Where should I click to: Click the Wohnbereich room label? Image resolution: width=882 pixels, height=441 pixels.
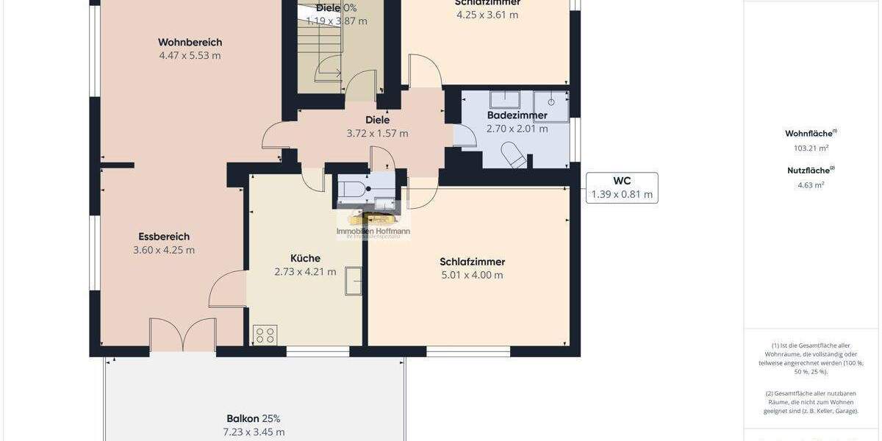click(x=190, y=43)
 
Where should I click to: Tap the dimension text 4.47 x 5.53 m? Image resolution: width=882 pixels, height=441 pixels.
click(x=190, y=55)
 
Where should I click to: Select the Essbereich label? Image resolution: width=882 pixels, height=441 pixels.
click(x=164, y=237)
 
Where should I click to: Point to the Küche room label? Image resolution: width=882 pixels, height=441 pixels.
click(x=305, y=258)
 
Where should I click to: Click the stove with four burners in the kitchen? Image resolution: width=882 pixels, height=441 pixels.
click(x=265, y=334)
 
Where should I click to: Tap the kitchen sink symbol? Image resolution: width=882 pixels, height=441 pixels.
click(x=354, y=281)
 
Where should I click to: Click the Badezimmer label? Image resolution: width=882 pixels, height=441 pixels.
click(x=517, y=115)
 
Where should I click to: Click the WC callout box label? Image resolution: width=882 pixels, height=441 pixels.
click(x=622, y=181)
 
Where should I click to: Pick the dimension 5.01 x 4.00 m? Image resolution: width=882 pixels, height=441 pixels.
click(x=472, y=275)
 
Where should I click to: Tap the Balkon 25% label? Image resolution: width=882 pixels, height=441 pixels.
click(x=254, y=418)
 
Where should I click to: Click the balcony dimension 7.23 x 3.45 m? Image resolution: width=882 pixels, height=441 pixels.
click(x=254, y=431)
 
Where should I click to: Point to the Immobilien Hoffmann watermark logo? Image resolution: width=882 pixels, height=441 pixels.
click(x=373, y=225)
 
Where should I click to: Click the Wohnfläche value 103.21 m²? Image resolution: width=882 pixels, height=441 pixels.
click(x=811, y=148)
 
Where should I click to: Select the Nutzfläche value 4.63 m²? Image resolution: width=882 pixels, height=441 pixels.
click(x=811, y=184)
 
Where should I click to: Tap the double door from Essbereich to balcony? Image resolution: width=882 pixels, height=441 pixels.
click(x=182, y=334)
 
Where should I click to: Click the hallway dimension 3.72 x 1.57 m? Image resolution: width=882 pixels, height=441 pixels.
click(x=377, y=133)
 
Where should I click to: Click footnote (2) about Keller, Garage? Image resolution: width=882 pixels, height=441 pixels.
click(x=811, y=402)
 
